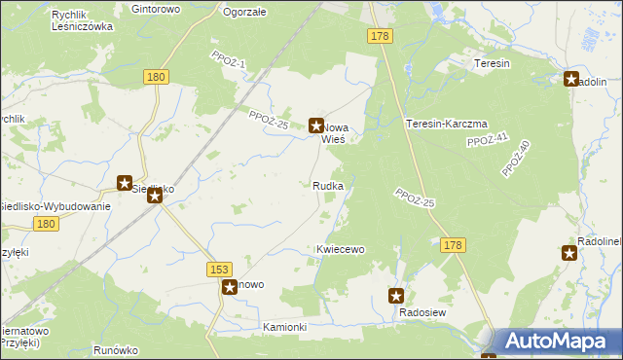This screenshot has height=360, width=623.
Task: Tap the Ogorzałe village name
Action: click(x=245, y=13)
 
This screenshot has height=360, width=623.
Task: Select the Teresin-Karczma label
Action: click(x=446, y=124)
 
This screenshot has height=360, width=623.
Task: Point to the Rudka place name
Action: click(x=327, y=185)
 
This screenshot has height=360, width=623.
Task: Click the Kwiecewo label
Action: click(x=340, y=249)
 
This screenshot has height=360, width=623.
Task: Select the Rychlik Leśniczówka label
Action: click(x=83, y=20)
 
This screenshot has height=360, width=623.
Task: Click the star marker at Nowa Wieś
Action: click(x=316, y=125)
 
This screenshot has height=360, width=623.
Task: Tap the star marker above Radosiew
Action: click(x=396, y=295)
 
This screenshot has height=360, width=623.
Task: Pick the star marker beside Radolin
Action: click(x=572, y=79)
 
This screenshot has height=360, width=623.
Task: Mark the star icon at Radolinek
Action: click(x=569, y=253)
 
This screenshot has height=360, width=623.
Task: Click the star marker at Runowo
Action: click(x=230, y=286)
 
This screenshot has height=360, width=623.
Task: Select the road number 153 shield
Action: click(x=219, y=268)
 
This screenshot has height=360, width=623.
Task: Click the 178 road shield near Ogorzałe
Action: click(x=380, y=36)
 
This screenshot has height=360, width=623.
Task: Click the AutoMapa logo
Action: click(x=558, y=342)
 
